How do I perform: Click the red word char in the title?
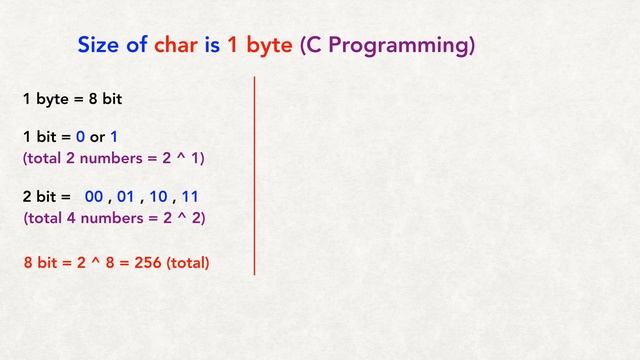[x=177, y=46]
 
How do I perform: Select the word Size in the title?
[x=103, y=46]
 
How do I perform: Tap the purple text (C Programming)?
[x=385, y=46]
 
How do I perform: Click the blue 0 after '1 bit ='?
[x=80, y=137]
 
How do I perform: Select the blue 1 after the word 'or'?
[x=114, y=137]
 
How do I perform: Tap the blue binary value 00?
[x=94, y=198]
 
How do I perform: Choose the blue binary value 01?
[x=126, y=198]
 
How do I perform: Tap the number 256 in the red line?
[x=147, y=264]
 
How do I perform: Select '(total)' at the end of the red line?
[x=188, y=264]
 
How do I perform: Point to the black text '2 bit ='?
[x=46, y=198]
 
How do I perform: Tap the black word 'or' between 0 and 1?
[x=97, y=137]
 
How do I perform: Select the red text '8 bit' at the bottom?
[x=39, y=264]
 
